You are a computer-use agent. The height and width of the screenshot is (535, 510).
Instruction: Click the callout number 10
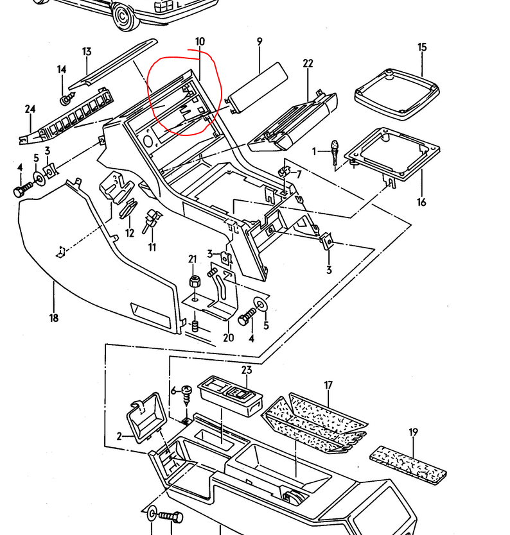tap(200, 42)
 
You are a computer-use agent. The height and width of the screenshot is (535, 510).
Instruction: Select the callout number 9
tap(259, 42)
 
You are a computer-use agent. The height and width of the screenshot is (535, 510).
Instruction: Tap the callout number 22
tap(308, 63)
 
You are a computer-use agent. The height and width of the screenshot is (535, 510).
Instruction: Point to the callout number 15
tap(422, 47)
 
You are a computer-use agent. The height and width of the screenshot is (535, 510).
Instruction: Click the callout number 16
tap(421, 203)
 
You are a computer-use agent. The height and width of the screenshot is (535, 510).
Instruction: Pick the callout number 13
tap(87, 51)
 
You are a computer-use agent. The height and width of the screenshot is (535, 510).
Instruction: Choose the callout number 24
tap(30, 109)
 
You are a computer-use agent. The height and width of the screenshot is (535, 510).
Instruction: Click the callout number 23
tap(247, 370)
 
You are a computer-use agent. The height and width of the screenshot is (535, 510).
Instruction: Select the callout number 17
tap(328, 386)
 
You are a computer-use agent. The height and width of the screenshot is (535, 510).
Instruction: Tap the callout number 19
tap(413, 432)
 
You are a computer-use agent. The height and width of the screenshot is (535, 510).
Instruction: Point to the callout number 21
tap(192, 259)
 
